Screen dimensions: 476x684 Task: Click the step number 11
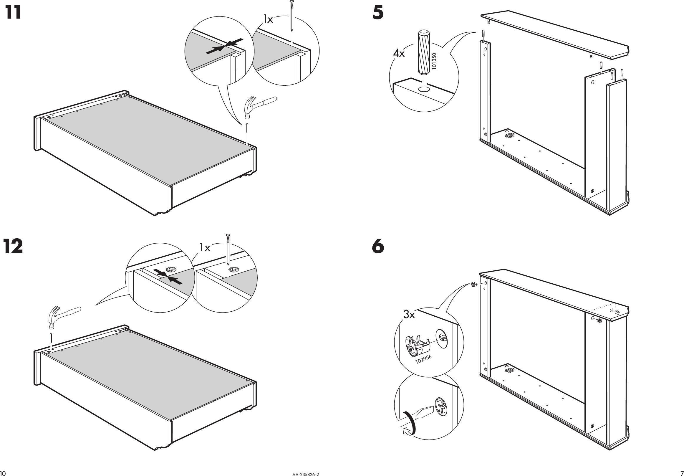point(14,13)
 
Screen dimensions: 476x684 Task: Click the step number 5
point(378,14)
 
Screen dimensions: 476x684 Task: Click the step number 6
point(378,247)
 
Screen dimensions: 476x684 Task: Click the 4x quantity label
point(399,54)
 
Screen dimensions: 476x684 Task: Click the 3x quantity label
point(409,315)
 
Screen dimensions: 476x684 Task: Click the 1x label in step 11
point(268,19)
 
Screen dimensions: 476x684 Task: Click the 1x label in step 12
point(205,248)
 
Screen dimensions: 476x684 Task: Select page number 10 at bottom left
point(3,474)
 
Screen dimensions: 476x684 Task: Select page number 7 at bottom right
point(682,474)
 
